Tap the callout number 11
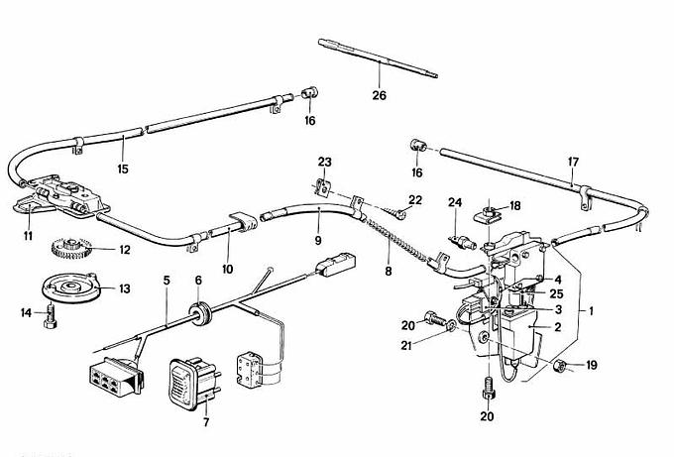pos(28,235)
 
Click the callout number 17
pos(572,162)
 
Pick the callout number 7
pos(206,422)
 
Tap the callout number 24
pos(455,203)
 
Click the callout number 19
pos(593,366)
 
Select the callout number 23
pos(325,162)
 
